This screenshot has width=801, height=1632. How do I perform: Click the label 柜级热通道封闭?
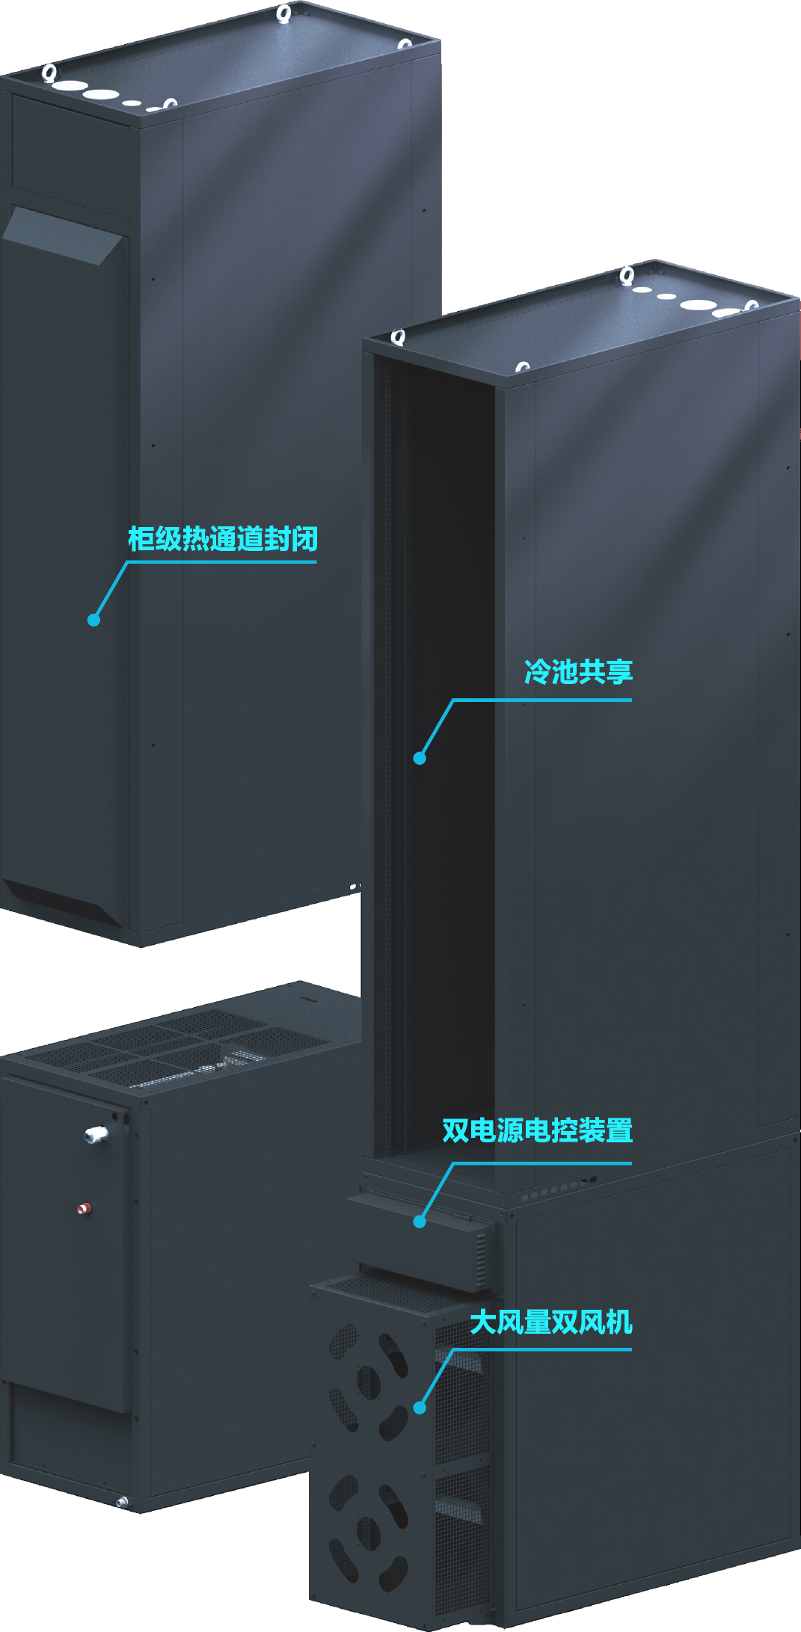(223, 539)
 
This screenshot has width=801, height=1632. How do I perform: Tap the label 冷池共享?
(578, 671)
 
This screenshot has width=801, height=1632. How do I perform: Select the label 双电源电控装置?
(537, 1130)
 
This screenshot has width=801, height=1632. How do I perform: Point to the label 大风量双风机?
(550, 1322)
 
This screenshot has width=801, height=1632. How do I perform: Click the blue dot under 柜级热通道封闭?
(93, 620)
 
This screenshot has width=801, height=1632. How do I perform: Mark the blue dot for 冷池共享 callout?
(420, 758)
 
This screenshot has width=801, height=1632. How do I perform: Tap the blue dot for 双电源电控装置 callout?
(420, 1222)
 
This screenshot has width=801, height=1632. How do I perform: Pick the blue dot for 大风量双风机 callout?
(420, 1408)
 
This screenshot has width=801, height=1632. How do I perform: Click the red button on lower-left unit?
(85, 1207)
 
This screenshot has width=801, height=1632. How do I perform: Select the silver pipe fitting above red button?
(96, 1135)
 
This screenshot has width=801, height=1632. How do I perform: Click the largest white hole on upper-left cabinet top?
(100, 95)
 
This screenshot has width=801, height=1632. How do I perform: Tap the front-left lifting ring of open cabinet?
(399, 337)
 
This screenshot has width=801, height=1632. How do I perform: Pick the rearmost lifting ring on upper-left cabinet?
(283, 13)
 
